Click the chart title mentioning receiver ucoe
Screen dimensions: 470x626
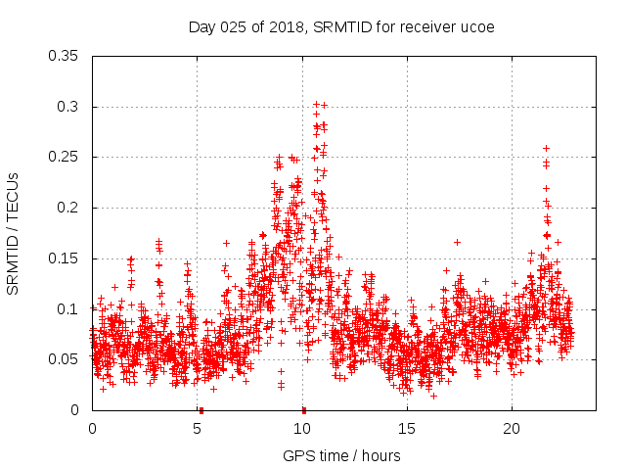coord(340,26)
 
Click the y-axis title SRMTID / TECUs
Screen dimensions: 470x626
coord(14,233)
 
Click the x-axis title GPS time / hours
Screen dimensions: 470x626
coord(341,455)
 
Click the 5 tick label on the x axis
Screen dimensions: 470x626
coord(198,429)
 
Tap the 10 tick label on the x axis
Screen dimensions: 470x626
coord(302,429)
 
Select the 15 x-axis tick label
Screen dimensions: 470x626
coord(407,429)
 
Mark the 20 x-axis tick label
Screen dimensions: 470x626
coord(512,429)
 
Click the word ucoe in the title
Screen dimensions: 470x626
coord(475,26)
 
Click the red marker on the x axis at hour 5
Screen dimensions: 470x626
coord(200,409)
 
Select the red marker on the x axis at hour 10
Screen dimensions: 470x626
coord(304,409)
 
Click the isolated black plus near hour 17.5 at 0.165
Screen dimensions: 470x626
coord(457,242)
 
